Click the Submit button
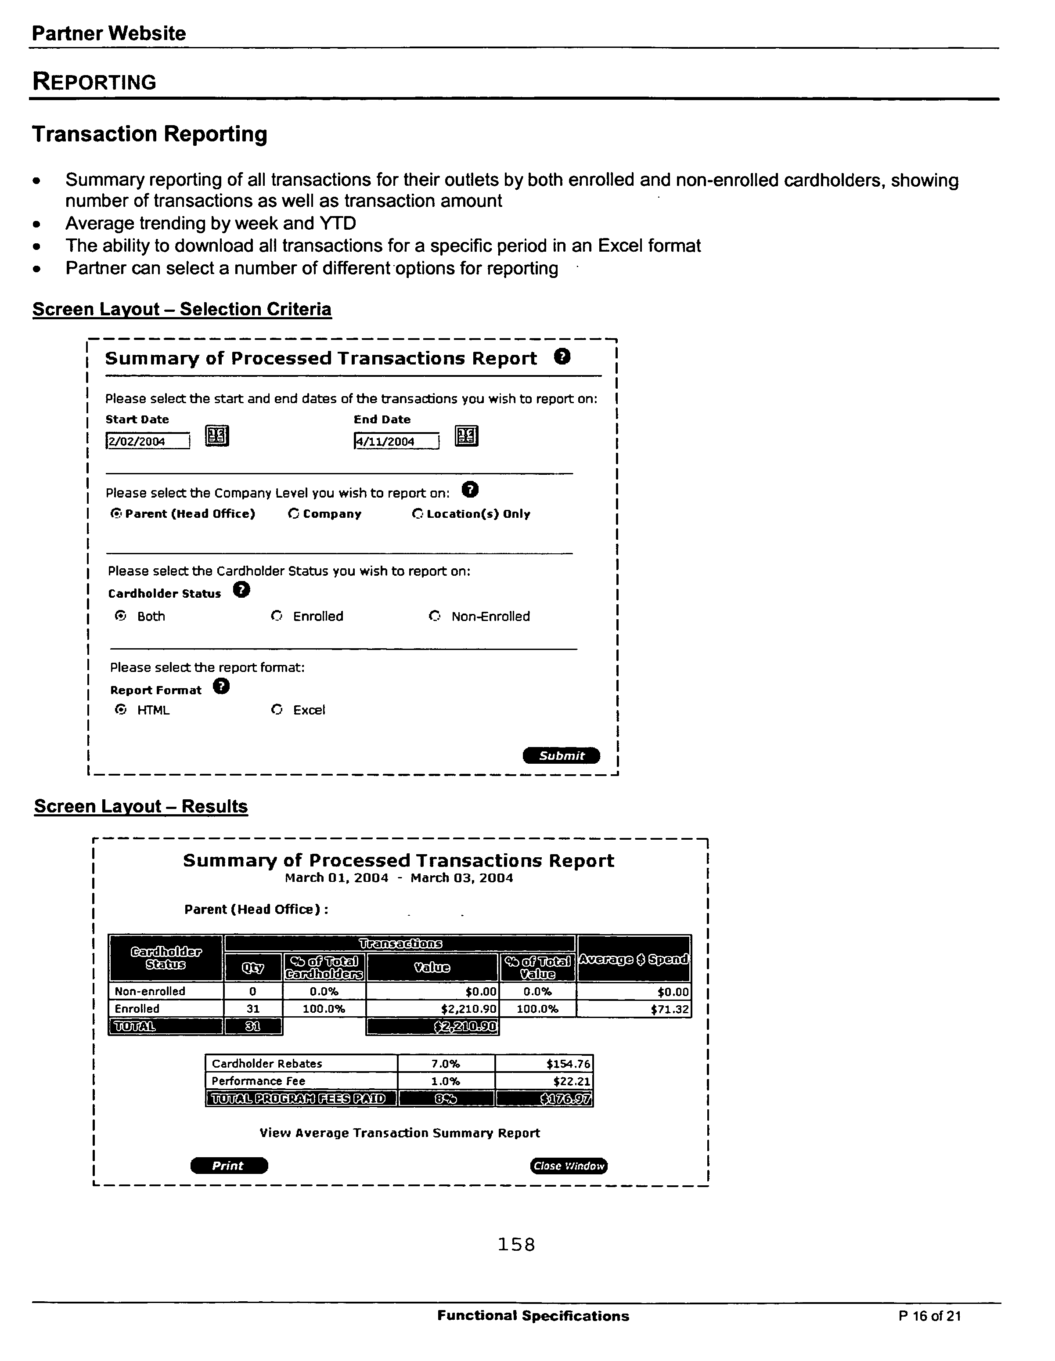[x=561, y=755]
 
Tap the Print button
[x=229, y=1165]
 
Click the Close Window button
[x=568, y=1165]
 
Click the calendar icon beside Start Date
[x=217, y=436]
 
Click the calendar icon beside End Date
[x=466, y=436]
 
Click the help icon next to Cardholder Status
[x=241, y=589]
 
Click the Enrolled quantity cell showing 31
[x=252, y=1008]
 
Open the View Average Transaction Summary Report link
[x=400, y=1133]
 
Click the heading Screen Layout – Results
[x=141, y=806]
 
